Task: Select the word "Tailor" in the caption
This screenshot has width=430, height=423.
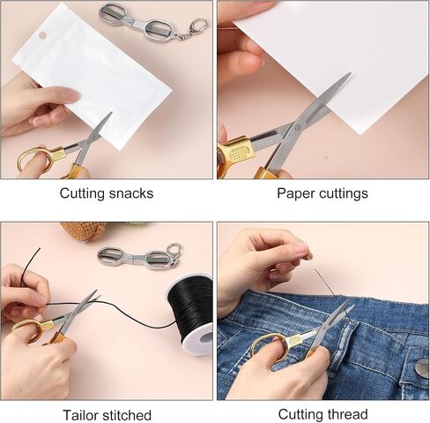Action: coord(80,415)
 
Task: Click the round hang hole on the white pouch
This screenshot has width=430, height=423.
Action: coord(43,35)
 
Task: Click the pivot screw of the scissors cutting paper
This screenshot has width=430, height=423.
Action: coord(297,127)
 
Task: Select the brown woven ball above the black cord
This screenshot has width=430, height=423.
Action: coord(85,231)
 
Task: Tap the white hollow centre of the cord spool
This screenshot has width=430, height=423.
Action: coord(204,339)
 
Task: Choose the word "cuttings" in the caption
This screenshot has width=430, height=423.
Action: coord(344,194)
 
